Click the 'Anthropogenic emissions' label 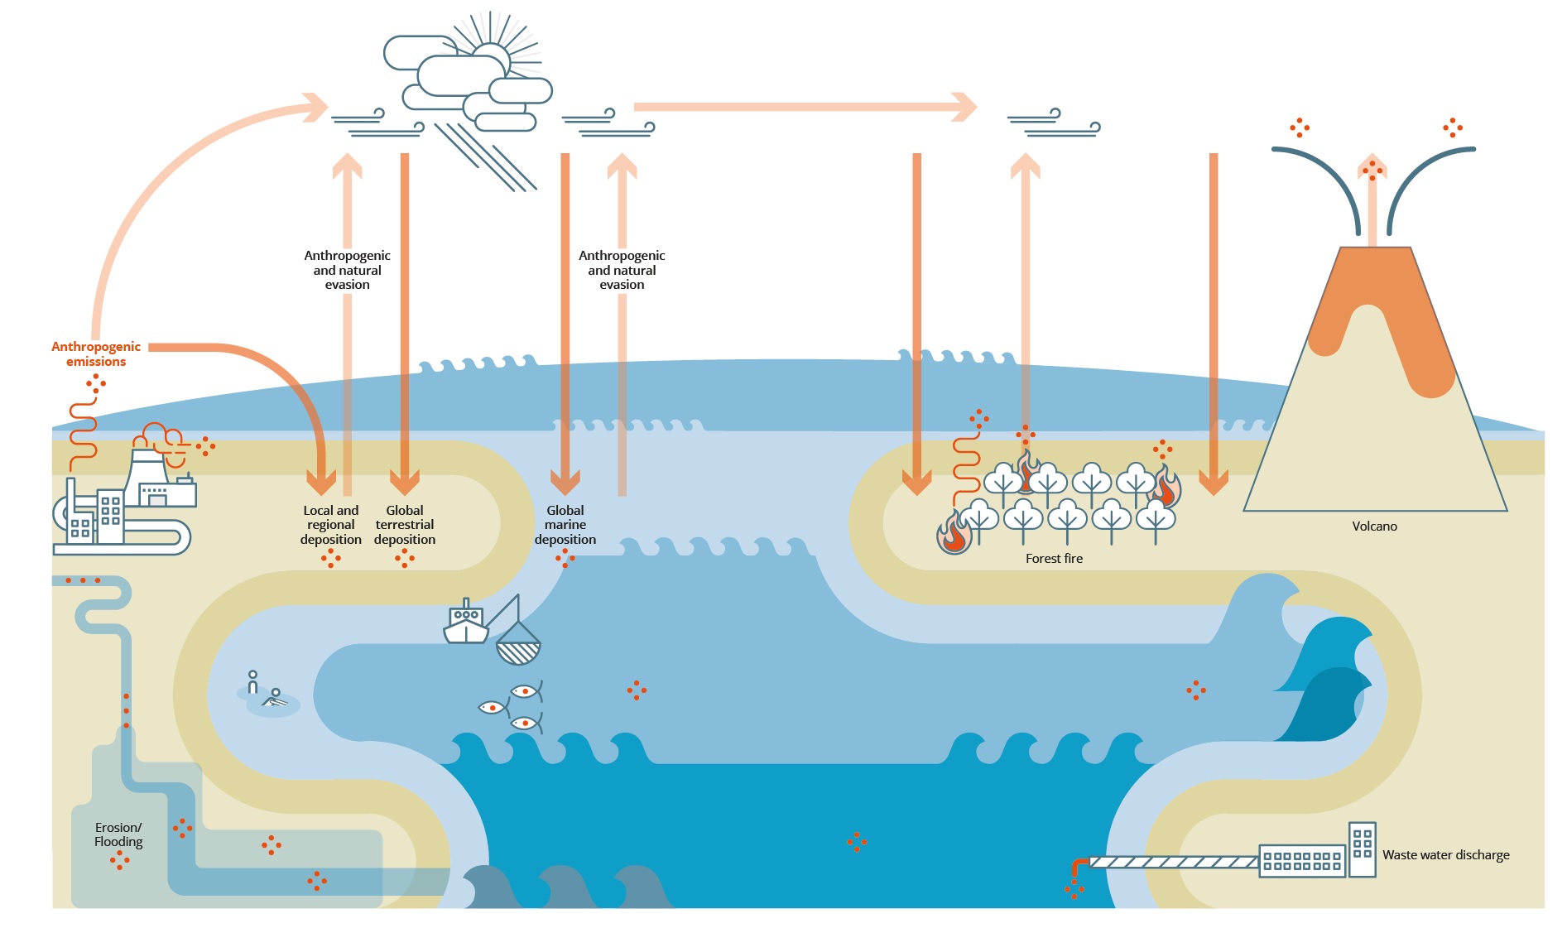point(96,353)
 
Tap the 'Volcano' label point(1374,527)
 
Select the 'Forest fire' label point(1054,559)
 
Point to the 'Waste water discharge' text point(1445,855)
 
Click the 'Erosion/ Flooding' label point(118,834)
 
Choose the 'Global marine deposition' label point(565,525)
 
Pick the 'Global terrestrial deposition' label point(405,525)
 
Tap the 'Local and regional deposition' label point(331,525)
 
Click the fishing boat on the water point(466,624)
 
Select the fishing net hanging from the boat point(518,646)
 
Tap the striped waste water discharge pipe point(1173,862)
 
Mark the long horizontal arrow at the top point(803,107)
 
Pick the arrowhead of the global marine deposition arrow point(565,481)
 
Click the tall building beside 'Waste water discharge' point(1362,849)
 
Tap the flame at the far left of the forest point(954,533)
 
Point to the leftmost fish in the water point(491,707)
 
